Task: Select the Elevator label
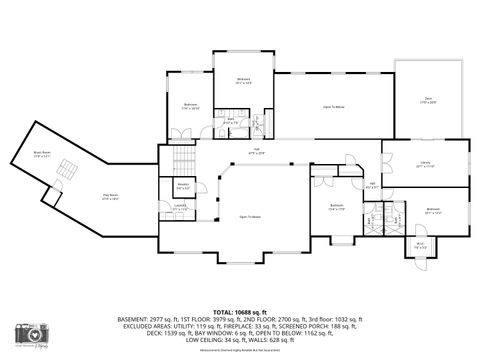[183, 186]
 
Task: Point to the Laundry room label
[180, 208]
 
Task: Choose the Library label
[424, 166]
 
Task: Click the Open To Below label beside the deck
[334, 105]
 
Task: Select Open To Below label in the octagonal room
[250, 217]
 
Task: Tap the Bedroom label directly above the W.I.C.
[433, 210]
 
